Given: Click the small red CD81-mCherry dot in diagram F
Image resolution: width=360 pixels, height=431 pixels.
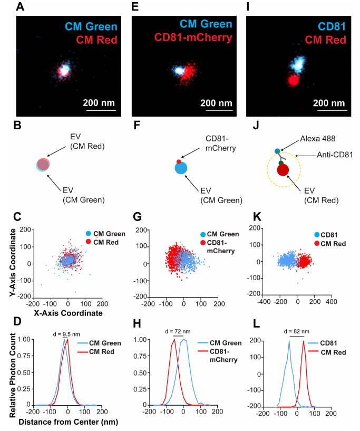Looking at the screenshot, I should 178,161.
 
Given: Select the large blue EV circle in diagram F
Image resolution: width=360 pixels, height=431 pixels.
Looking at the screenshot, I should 180,168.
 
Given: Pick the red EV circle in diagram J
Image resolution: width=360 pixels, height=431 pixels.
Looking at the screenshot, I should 283,170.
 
